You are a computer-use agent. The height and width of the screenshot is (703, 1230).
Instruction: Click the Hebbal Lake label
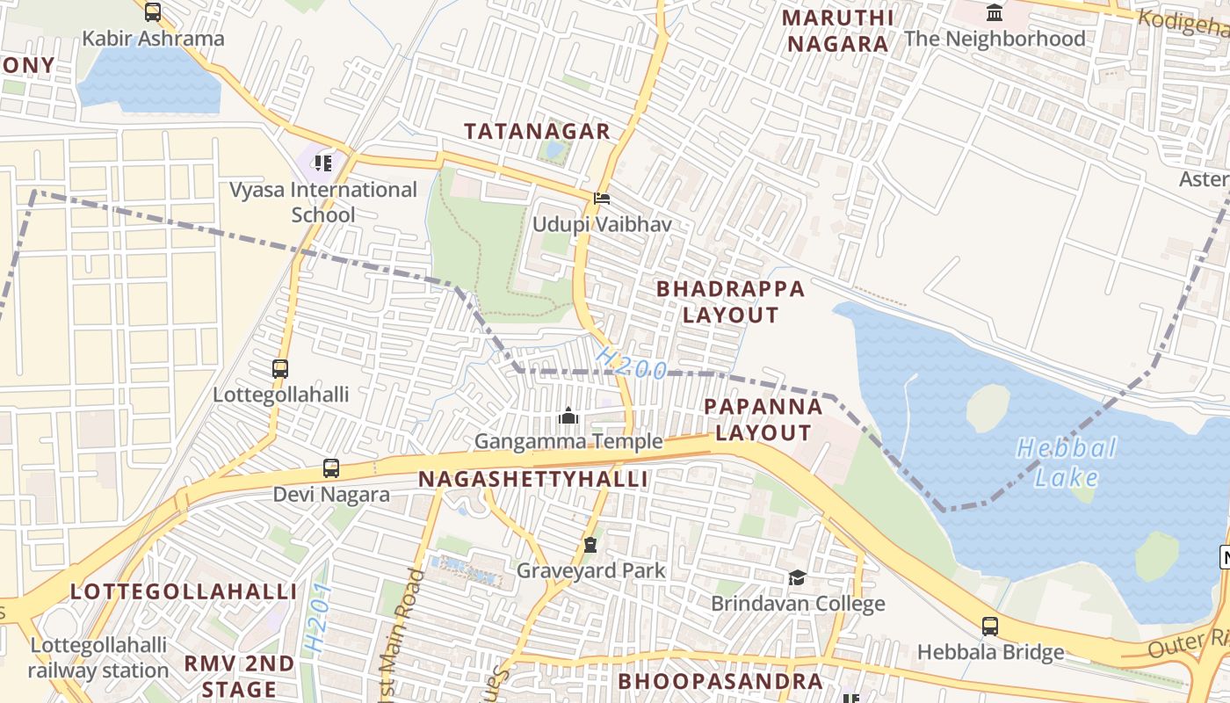[1067, 463]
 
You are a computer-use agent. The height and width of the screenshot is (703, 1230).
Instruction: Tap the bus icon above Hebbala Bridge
[990, 627]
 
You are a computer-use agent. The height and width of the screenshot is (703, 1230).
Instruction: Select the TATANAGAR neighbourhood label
[537, 132]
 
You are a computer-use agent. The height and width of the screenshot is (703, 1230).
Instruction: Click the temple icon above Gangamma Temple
[568, 415]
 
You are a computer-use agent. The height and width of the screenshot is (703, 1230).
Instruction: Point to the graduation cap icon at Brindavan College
[797, 577]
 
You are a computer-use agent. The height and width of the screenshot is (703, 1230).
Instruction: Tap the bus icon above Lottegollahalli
[280, 369]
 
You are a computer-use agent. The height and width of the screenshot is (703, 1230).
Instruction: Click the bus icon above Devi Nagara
[331, 468]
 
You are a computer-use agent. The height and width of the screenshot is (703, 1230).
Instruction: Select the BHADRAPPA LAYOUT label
[730, 301]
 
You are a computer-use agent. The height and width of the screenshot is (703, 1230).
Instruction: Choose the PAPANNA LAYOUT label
[763, 419]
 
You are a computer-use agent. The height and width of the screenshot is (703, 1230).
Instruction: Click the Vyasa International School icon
[323, 163]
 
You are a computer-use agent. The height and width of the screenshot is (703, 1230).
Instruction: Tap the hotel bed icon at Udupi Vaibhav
[602, 198]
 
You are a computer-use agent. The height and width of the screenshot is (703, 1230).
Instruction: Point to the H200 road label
[631, 362]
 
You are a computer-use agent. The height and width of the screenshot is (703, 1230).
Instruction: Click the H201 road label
[318, 617]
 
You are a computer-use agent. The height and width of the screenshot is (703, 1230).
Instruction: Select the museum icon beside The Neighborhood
[995, 13]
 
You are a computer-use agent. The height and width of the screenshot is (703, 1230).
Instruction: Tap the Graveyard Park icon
[590, 545]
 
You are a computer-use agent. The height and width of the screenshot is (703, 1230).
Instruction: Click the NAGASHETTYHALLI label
[533, 479]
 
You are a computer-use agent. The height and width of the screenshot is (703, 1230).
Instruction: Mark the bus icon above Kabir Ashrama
[153, 12]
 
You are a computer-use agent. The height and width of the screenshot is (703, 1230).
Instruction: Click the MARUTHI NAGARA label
[837, 31]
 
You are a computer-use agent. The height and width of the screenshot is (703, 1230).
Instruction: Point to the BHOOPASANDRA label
[720, 682]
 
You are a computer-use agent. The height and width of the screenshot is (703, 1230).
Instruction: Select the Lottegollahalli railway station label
[98, 658]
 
